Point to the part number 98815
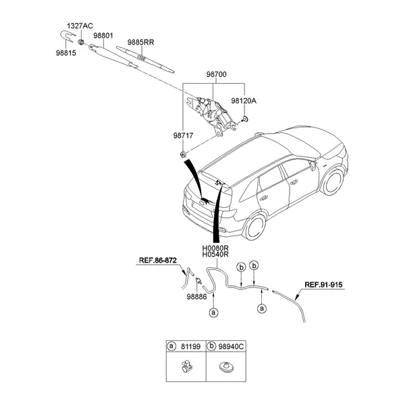(66, 51)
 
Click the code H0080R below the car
(216, 248)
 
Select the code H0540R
(216, 256)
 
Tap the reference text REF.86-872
(157, 259)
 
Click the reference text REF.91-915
(324, 285)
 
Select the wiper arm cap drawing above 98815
(66, 37)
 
